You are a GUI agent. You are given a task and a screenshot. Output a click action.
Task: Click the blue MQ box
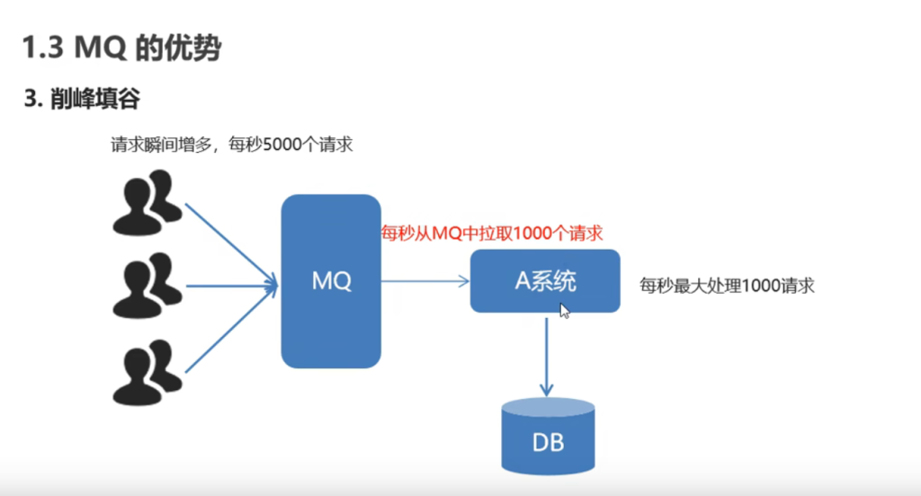click(x=331, y=281)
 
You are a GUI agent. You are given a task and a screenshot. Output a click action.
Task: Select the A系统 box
click(x=545, y=281)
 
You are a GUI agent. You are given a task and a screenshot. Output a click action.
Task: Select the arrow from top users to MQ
click(x=229, y=243)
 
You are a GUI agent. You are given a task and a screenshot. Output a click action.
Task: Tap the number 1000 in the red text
click(x=531, y=234)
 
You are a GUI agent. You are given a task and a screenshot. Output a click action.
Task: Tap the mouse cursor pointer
click(x=565, y=310)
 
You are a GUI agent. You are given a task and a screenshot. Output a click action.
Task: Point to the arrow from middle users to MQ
click(x=229, y=287)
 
